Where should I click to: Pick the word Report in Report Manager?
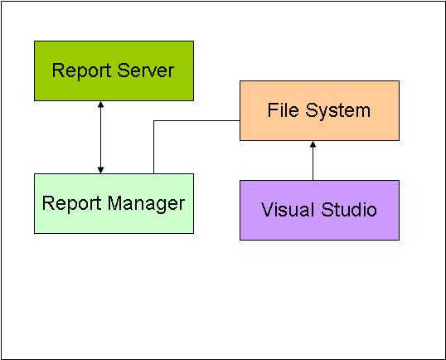(70, 203)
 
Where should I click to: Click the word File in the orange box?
(282, 109)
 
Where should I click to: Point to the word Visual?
(288, 210)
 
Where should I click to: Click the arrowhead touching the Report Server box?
(100, 105)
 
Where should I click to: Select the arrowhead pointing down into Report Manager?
(100, 169)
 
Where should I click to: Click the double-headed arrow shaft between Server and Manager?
(100, 137)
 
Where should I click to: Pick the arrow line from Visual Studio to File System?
(313, 164)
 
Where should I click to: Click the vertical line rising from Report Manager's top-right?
(153, 149)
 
